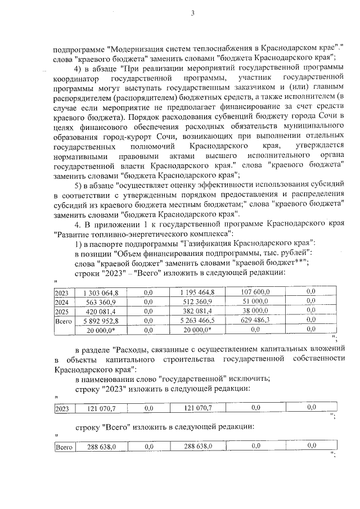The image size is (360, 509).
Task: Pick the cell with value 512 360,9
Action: [198, 302]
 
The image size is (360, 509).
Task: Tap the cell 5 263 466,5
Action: [198, 321]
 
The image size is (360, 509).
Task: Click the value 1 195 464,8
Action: [198, 292]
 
